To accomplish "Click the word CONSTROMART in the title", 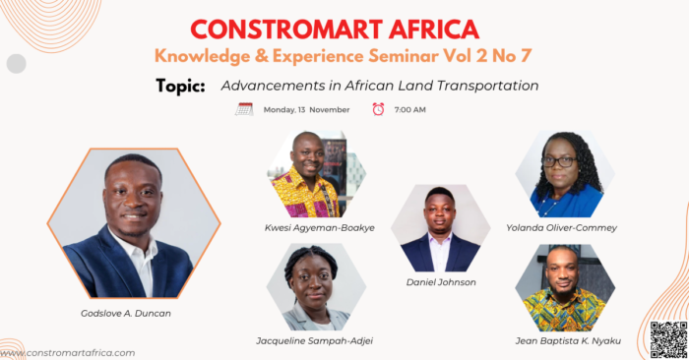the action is (286, 30).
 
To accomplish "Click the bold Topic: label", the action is (180, 86).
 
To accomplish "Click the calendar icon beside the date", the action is (244, 109).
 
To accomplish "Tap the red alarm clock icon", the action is (378, 109).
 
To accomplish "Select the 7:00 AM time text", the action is (410, 110).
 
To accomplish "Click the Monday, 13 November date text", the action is (306, 110).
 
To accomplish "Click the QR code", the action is (668, 339).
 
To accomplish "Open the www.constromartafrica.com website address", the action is (68, 353).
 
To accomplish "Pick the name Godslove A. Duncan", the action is (126, 314).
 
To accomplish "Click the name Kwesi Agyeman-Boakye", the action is (320, 228).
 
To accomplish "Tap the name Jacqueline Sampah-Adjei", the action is (315, 340).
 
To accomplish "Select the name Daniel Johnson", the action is (441, 282).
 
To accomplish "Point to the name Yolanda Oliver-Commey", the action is (562, 228).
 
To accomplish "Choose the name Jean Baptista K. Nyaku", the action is (568, 340).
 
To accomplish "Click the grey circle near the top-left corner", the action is (17, 64).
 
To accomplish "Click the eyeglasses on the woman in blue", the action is (559, 161).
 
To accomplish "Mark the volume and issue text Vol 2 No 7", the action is (487, 56).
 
